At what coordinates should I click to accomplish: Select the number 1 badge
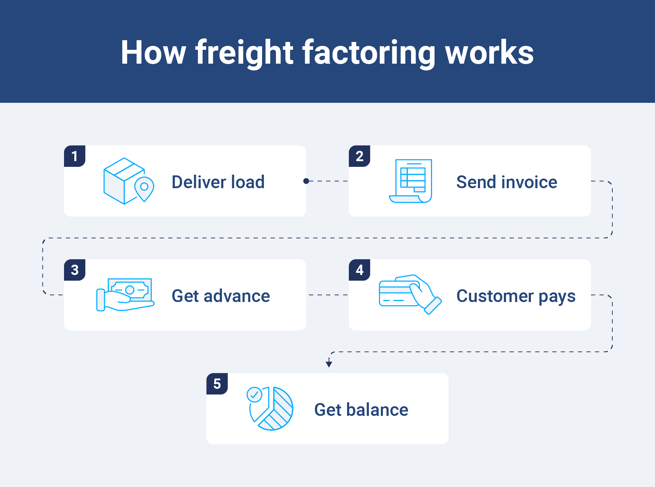point(75,156)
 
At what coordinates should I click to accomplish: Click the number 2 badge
point(360,156)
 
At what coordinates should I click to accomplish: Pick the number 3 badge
point(75,270)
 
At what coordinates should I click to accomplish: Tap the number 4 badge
point(360,270)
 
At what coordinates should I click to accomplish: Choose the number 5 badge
point(217,384)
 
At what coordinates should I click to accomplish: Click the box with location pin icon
point(128,181)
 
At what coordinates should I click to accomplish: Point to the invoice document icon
point(411,181)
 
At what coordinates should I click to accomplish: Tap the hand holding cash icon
point(125,295)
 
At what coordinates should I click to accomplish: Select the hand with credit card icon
point(410,294)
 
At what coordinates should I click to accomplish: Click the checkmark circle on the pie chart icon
point(255,395)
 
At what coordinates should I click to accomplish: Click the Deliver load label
point(218,182)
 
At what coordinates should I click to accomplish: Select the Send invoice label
point(506,182)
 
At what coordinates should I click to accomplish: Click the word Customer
point(495,296)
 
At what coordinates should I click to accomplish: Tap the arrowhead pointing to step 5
point(329,364)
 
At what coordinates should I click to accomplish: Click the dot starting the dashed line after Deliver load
point(306,181)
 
